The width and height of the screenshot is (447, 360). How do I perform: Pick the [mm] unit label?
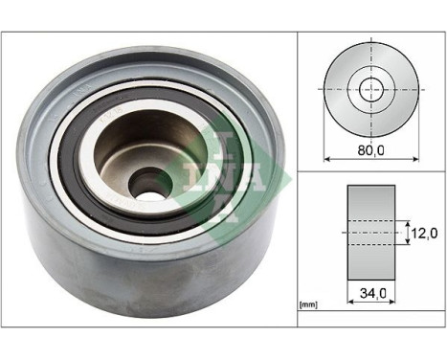click(x=308, y=305)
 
